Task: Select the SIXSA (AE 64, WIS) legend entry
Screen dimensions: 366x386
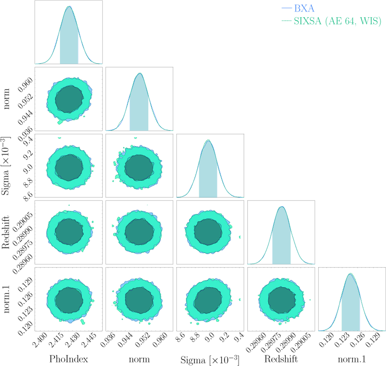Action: coord(337,21)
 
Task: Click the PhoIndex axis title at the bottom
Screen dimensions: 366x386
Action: coord(68,359)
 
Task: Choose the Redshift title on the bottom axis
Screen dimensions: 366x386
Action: coord(281,359)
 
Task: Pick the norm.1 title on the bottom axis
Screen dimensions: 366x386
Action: coord(352,359)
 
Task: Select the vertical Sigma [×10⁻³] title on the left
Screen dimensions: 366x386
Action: coord(6,166)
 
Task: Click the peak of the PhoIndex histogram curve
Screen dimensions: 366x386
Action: coord(69,6)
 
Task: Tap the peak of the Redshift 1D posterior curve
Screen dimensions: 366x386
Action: coord(282,207)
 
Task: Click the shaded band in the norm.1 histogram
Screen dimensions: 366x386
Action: coord(351,309)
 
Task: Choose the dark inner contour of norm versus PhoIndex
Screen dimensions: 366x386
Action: coord(69,99)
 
